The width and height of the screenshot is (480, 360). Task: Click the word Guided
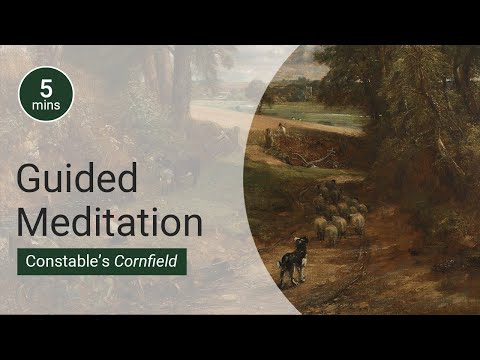point(77,181)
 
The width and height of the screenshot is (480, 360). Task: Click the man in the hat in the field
point(281,130)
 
